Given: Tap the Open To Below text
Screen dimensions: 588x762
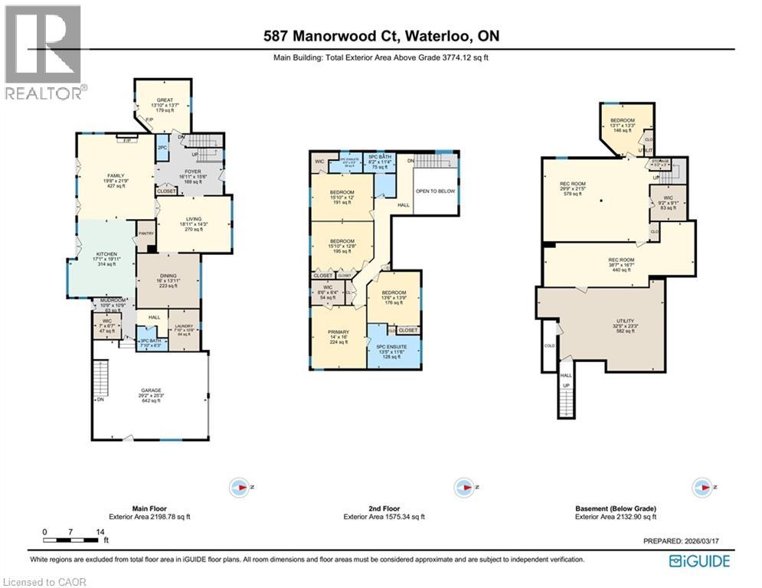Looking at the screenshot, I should coord(435,191).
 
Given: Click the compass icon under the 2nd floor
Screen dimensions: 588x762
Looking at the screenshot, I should coord(462,487).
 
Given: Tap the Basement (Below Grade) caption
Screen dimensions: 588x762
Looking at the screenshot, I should coord(615,508).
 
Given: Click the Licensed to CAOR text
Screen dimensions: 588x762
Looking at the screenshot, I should coord(44,582).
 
